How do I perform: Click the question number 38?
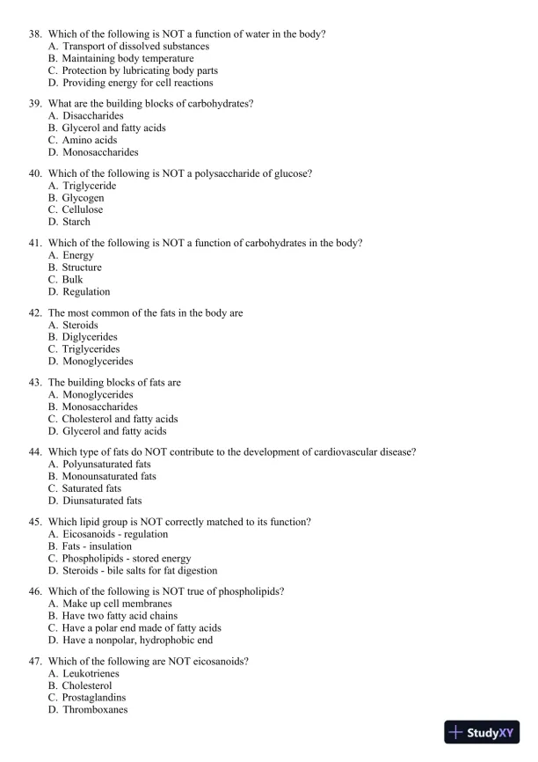(36, 33)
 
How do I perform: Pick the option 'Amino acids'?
(89, 140)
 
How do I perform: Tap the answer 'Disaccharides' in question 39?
(92, 115)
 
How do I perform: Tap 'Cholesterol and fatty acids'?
(120, 419)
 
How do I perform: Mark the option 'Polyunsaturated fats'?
(105, 464)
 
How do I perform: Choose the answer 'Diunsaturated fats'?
(101, 501)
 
